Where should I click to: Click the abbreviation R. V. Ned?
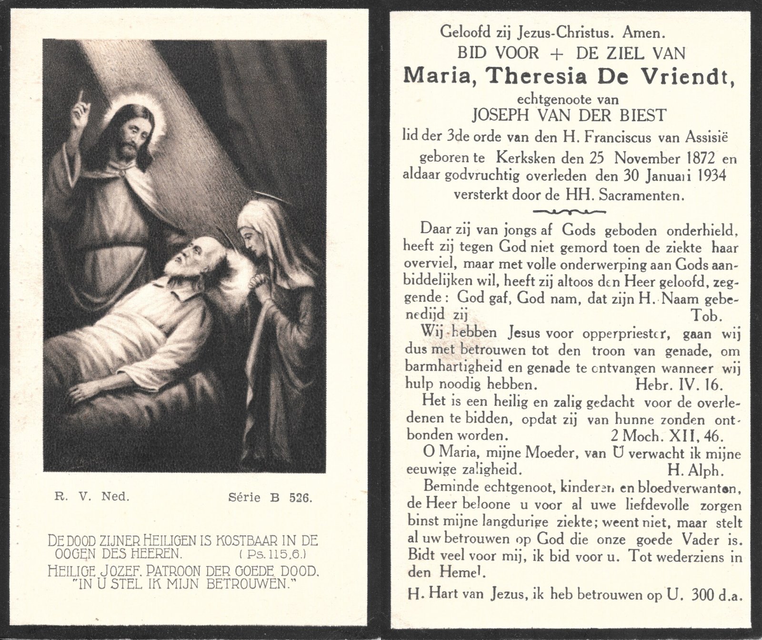90,497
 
